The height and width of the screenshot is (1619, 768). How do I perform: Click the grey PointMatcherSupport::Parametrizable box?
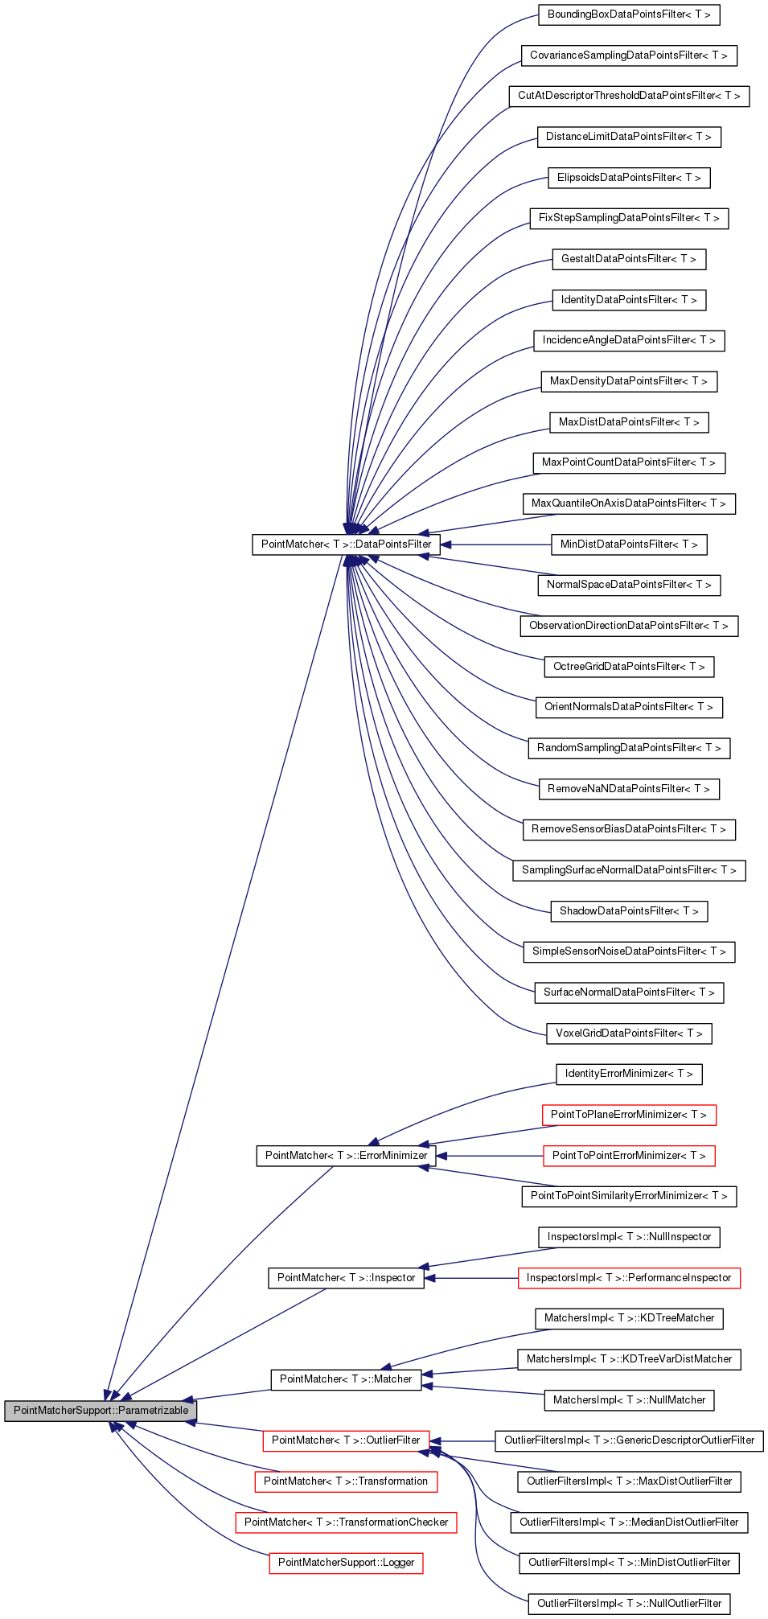point(101,1410)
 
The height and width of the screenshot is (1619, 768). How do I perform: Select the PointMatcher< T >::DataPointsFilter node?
point(346,544)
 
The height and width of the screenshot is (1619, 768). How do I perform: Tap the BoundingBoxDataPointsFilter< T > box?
point(628,14)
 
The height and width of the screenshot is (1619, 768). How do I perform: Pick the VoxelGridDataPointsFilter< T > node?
point(629,1033)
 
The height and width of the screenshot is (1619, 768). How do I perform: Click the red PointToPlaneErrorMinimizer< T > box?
point(628,1115)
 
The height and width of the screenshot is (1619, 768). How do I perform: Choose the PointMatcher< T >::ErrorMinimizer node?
point(346,1156)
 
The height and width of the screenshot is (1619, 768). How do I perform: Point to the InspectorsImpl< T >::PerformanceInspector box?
point(629,1278)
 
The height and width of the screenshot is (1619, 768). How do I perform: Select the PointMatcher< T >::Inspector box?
point(346,1278)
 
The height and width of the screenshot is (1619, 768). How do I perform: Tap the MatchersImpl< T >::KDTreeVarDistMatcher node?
point(629,1359)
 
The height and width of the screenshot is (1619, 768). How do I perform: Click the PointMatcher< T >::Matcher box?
point(346,1379)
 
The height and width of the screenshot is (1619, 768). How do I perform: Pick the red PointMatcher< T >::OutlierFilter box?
point(346,1440)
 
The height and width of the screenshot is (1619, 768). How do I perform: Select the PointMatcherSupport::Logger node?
point(346,1563)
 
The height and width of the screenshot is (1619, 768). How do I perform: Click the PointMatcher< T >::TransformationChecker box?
point(346,1522)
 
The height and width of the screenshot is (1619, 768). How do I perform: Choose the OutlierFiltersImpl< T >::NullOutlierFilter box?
point(629,1604)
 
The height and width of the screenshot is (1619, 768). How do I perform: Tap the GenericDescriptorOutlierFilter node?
point(629,1440)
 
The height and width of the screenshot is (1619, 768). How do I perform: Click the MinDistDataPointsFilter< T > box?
point(629,544)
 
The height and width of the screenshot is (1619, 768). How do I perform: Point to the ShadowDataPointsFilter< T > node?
point(629,911)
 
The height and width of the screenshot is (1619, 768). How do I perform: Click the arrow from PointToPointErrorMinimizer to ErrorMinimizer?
point(491,1156)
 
